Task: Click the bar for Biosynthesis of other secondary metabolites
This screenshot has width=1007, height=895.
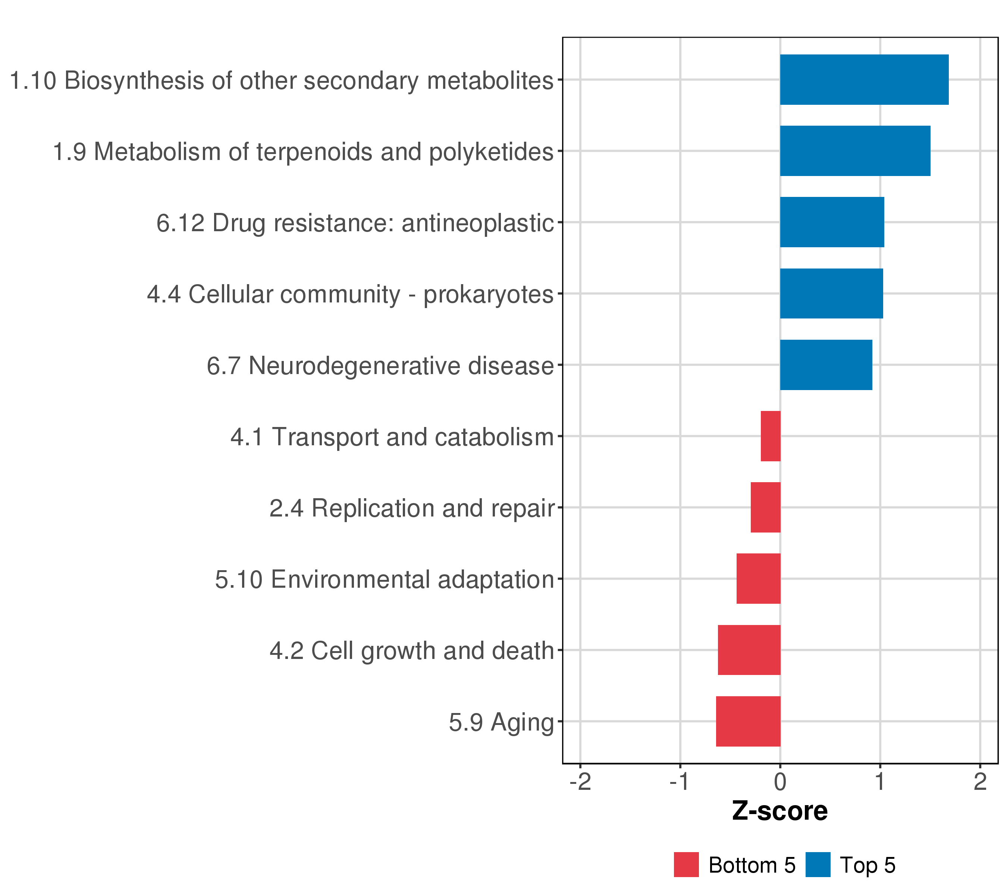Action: click(864, 80)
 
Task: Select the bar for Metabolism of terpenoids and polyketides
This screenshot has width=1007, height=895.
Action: click(855, 151)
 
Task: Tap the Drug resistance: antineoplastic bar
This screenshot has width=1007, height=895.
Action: click(832, 222)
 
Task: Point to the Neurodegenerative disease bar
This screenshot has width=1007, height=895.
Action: click(826, 365)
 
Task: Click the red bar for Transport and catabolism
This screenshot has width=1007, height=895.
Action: click(771, 436)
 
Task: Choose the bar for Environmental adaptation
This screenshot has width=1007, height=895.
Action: click(758, 579)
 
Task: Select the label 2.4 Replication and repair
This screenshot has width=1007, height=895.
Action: click(412, 508)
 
